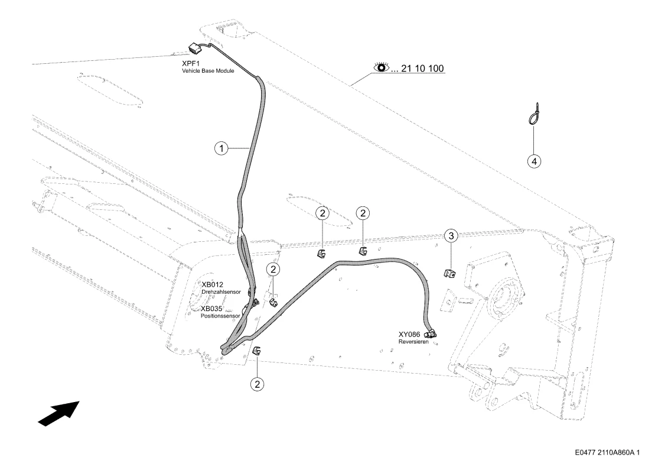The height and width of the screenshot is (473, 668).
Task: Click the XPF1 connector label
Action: (x=190, y=63)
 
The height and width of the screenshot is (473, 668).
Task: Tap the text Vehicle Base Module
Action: (x=208, y=71)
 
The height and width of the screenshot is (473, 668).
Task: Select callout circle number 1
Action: (x=221, y=148)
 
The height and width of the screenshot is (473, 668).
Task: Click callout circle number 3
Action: (x=451, y=235)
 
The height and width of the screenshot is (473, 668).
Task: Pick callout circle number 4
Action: (x=535, y=161)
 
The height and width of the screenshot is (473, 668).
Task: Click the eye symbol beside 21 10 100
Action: (x=382, y=67)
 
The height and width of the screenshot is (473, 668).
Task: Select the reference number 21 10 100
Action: (x=422, y=68)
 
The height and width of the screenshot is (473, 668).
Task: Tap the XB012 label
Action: (x=212, y=285)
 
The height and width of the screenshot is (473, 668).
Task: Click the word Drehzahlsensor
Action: (x=221, y=292)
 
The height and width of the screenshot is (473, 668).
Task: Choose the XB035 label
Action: (x=211, y=309)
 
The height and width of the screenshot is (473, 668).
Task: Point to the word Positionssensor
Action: (x=220, y=316)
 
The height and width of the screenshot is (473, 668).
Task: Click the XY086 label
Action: (x=409, y=335)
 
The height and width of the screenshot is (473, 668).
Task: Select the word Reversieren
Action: (x=413, y=342)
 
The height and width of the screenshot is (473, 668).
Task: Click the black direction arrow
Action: (x=59, y=413)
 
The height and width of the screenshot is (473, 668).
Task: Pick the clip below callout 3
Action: (x=449, y=273)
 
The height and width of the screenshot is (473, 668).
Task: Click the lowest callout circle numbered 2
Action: (x=257, y=384)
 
